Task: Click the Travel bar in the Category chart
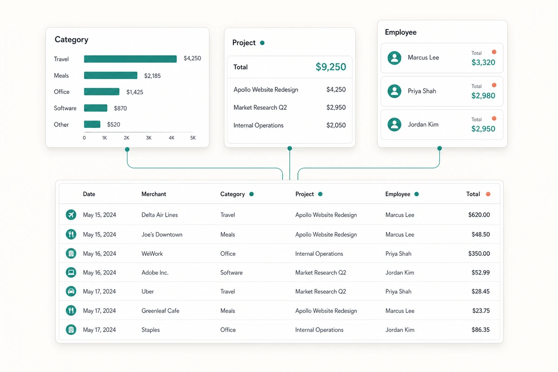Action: [130, 59]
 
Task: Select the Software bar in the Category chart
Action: [96, 108]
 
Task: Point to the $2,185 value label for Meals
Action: [153, 76]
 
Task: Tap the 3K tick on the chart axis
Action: [149, 138]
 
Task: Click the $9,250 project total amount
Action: [331, 67]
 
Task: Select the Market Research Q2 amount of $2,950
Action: [336, 107]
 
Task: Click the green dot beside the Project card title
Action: [262, 43]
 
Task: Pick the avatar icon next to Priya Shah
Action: [394, 91]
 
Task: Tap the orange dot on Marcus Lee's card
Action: [494, 52]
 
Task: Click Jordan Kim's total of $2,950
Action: [483, 129]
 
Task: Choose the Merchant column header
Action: [154, 194]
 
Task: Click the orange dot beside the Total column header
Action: [488, 194]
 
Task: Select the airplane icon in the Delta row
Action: [71, 214]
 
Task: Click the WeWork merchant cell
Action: [152, 253]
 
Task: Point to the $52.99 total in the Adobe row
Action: [480, 272]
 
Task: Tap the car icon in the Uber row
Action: [71, 291]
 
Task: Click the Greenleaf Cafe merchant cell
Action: [160, 311]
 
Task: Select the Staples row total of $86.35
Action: [480, 330]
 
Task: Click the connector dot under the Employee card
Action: [439, 148]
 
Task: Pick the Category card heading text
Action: [72, 40]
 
